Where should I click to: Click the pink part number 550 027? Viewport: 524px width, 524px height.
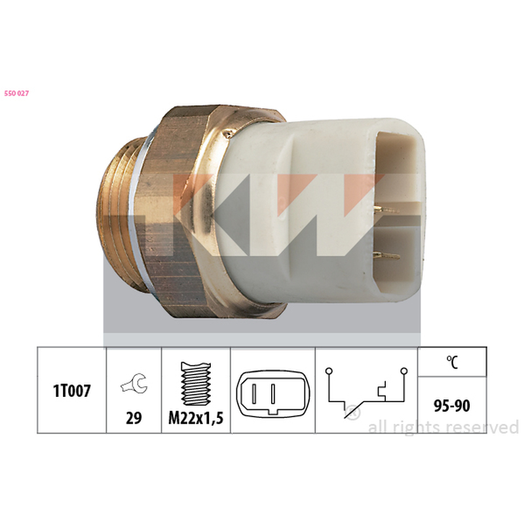[x=16, y=93]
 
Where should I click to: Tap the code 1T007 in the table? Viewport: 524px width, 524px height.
[x=71, y=390]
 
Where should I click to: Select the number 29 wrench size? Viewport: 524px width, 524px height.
[x=134, y=418]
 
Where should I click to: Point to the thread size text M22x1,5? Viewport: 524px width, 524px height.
[x=196, y=418]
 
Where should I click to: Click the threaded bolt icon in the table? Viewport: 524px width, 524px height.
[x=196, y=384]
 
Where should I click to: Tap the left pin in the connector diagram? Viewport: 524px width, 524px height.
[x=254, y=394]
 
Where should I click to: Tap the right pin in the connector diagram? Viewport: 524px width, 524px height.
[x=273, y=394]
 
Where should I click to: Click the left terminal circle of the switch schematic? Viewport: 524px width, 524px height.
[x=329, y=371]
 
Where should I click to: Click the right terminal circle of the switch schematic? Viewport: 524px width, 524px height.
[x=404, y=371]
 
